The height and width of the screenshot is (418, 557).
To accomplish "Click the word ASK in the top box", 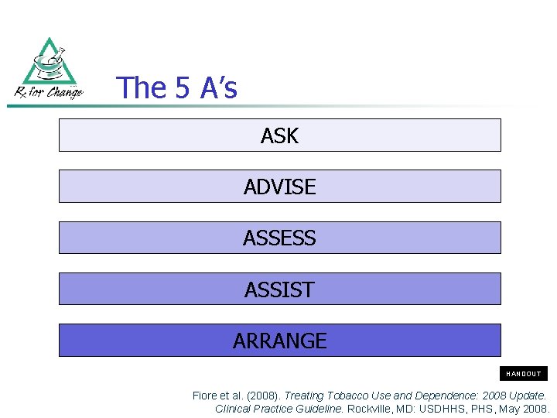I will pos(279,136).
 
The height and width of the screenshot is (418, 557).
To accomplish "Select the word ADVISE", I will pos(279,187).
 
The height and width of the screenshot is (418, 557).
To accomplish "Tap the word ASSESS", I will pos(279,238).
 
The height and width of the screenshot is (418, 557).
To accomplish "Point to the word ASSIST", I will pos(279,290).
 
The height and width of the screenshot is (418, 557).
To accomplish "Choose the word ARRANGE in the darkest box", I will pos(279,341).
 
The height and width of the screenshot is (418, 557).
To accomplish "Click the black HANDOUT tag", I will pos(524,374).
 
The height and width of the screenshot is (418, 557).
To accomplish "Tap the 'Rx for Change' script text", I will pos(49,92).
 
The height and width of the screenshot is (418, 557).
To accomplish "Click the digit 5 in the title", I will pos(182,88).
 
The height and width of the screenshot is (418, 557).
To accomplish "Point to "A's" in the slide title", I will pos(218,88).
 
